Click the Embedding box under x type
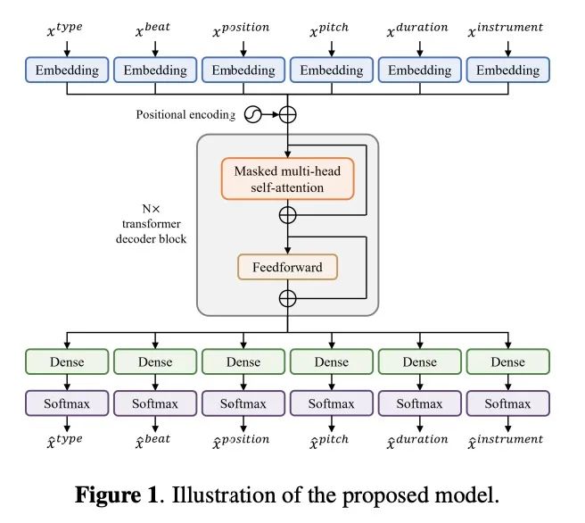[67, 71]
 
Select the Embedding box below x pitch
[332, 71]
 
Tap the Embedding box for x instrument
[508, 71]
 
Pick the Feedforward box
[288, 266]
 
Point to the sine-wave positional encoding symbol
[253, 114]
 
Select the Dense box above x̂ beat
[155, 362]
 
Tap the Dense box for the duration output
[420, 362]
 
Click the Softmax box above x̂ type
[67, 403]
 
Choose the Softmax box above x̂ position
[243, 403]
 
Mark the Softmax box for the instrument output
[508, 403]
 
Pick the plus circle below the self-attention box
[288, 215]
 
